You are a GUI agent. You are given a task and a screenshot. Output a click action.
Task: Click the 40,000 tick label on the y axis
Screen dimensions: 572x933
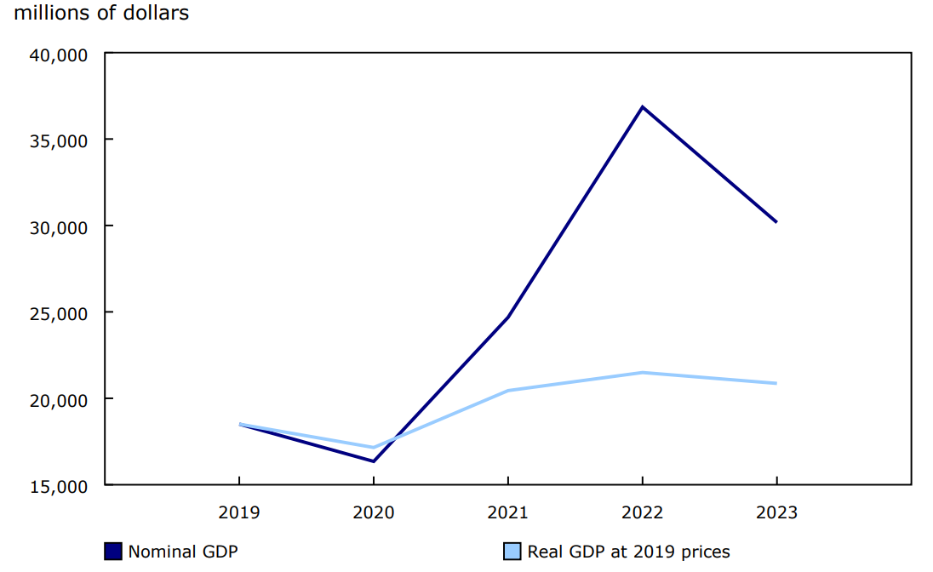coord(59,54)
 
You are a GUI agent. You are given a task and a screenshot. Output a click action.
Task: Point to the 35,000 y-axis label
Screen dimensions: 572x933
coord(59,140)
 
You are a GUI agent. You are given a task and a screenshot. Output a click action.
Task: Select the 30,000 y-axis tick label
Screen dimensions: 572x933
coord(59,227)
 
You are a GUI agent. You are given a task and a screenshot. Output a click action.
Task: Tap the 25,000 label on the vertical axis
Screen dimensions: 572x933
coord(59,313)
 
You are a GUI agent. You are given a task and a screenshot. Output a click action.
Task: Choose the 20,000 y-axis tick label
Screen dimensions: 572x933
coord(59,399)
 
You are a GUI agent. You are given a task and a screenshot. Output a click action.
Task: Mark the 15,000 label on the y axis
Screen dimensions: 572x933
coord(59,486)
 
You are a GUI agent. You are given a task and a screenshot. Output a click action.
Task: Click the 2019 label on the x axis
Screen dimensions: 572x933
coord(239,512)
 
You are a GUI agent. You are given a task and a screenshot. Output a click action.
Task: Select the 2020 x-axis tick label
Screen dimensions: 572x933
coord(374,512)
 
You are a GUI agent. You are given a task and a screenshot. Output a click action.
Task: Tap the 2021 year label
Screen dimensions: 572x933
coord(508,512)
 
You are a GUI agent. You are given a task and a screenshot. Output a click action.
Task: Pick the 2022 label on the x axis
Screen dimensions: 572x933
coord(642,512)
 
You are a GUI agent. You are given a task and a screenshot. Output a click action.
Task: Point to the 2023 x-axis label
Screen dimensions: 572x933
coord(776,512)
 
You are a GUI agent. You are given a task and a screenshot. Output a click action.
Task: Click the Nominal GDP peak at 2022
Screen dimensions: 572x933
coord(642,107)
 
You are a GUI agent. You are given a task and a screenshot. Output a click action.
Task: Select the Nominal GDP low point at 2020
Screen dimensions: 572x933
coord(374,461)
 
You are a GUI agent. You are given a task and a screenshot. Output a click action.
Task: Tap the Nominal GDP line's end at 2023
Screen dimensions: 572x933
coord(776,222)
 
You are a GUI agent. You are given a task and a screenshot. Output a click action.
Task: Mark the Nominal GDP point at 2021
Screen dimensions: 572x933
coord(508,317)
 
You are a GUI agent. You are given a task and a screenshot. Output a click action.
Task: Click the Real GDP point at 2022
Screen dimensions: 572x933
coord(642,372)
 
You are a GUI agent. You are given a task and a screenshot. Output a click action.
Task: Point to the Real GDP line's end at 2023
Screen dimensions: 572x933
coord(776,383)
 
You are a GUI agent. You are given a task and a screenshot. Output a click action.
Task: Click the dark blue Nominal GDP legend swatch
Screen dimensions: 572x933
coord(113,552)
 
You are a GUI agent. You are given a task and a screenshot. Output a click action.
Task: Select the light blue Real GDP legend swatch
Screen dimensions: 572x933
coord(512,552)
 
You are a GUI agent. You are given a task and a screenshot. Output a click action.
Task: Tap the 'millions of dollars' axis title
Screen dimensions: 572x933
coord(101,14)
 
